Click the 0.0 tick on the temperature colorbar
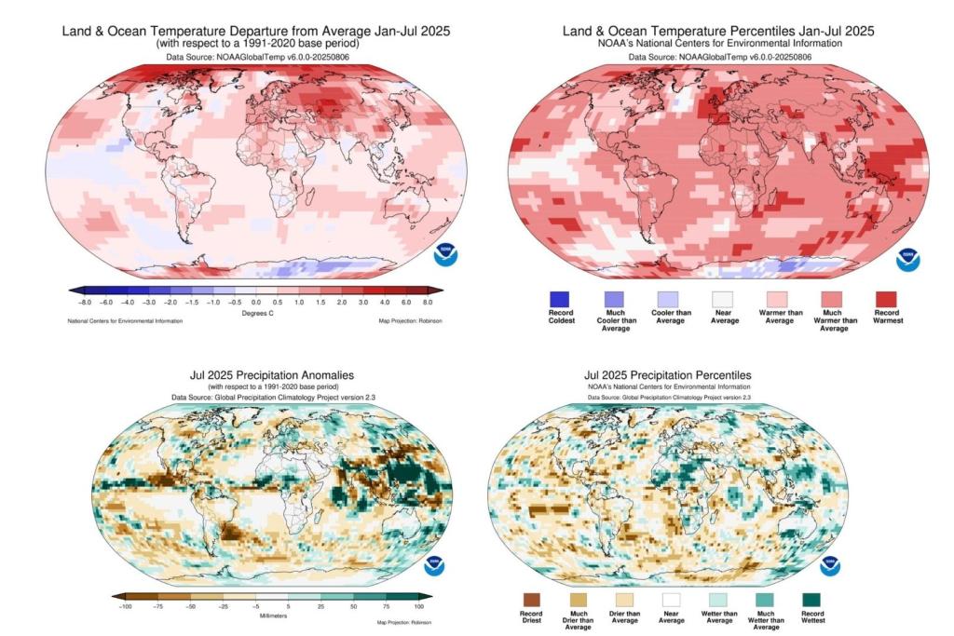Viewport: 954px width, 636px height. click(x=255, y=302)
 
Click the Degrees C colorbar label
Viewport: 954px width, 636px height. click(x=255, y=313)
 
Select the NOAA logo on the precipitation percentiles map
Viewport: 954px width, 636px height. click(x=832, y=565)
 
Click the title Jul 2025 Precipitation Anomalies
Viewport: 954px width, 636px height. click(x=271, y=375)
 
